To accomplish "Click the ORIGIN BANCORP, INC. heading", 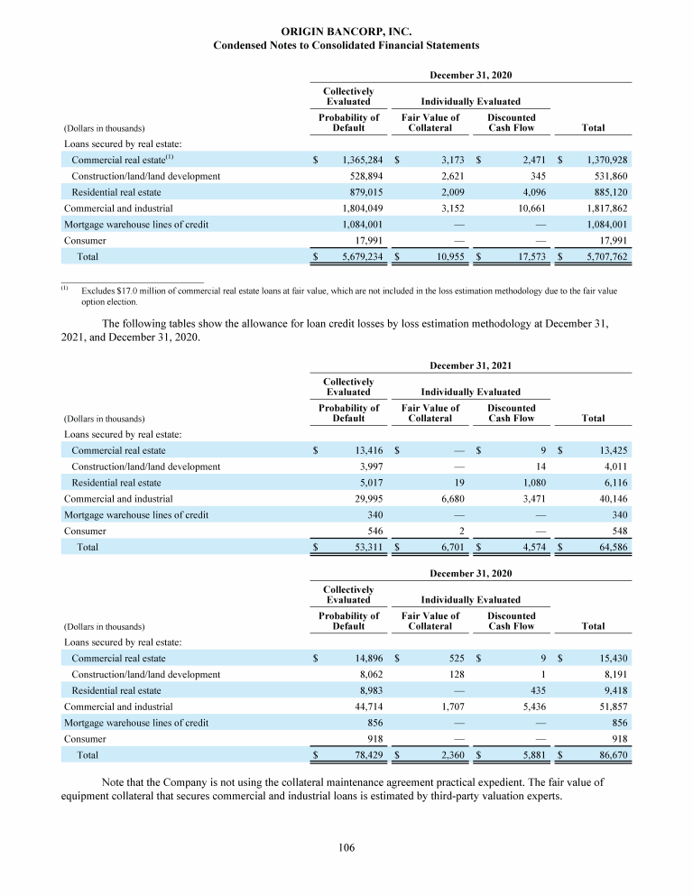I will click(346, 31).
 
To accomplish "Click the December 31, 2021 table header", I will click(471, 365).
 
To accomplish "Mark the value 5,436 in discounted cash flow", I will click(522, 707).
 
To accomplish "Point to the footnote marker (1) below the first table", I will click(65, 291).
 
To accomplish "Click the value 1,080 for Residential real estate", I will click(522, 482).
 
